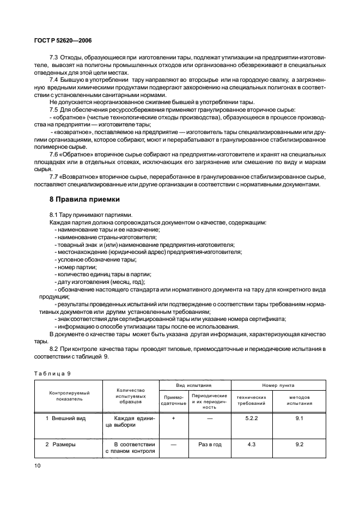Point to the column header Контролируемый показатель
click(69, 395)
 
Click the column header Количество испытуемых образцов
click(130, 395)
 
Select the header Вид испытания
click(196, 385)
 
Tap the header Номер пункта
click(278, 385)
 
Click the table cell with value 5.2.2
click(252, 418)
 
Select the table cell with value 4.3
click(252, 444)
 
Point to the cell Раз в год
click(209, 444)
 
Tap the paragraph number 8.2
click(54, 348)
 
